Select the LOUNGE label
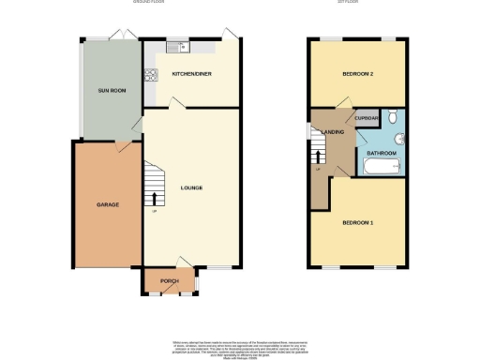191,187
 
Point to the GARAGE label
107,203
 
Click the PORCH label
170,281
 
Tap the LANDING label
333,132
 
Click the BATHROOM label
381,153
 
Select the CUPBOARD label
367,118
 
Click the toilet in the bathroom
395,117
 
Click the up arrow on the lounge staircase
154,198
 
